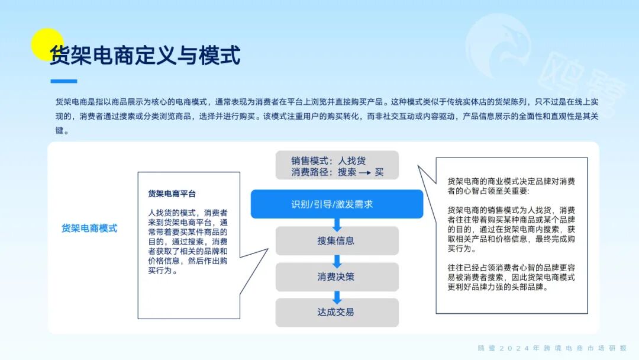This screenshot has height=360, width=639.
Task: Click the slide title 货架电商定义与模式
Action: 145,56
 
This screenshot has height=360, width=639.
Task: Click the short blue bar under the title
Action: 63,82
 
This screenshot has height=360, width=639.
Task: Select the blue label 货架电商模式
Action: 89,228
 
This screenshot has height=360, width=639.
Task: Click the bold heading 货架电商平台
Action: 172,194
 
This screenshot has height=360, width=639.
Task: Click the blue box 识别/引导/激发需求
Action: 337,204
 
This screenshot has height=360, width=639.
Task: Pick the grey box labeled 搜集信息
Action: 337,240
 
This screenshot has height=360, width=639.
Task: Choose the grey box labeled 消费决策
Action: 337,277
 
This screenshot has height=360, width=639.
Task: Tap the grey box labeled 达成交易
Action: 337,312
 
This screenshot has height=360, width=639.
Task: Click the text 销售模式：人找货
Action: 328,160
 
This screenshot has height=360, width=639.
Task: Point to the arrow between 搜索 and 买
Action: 365,173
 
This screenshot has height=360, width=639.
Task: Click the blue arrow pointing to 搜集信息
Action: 337,223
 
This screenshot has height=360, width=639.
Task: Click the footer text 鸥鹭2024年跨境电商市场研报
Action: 552,348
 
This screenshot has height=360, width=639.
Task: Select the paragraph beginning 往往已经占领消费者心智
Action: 511,277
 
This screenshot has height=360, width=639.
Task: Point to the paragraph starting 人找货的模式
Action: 188,242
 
